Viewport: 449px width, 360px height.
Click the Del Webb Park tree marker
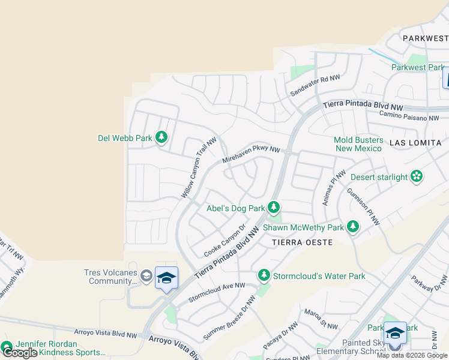[x=161, y=138]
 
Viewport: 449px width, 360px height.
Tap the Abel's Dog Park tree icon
[x=274, y=208]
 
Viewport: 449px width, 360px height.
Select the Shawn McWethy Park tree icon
[x=352, y=227]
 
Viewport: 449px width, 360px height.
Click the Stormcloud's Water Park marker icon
[x=264, y=275]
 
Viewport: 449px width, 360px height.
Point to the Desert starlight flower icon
[x=417, y=176]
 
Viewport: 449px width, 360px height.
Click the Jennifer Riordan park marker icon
[x=7, y=347]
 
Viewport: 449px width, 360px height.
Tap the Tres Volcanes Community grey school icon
[x=146, y=275]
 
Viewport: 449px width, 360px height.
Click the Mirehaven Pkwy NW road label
[x=251, y=155]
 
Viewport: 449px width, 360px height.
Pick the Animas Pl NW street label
[x=334, y=187]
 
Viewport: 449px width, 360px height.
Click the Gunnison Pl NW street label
[x=363, y=206]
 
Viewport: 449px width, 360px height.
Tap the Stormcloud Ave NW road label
[x=217, y=292]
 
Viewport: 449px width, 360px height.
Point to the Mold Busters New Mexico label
[x=358, y=144]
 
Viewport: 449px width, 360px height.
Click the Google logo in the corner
[x=20, y=352]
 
